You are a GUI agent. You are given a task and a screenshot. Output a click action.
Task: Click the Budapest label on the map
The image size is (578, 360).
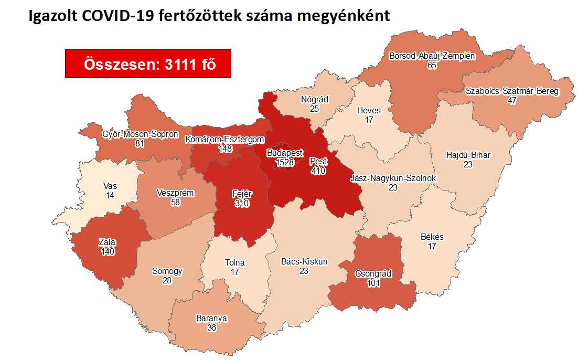pos(285,153)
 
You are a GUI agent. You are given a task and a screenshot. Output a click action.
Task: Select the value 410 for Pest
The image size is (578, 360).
pos(318,171)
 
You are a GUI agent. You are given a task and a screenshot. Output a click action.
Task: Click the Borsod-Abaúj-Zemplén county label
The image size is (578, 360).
pos(432,56)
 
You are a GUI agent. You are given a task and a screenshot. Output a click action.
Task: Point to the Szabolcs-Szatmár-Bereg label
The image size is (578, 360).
pos(512,91)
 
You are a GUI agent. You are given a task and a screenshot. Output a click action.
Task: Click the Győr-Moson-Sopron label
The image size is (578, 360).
pos(140,134)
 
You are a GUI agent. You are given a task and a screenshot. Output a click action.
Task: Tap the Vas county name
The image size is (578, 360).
pos(110,186)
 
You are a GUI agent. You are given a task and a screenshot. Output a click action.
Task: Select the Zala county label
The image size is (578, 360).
pos(107,242)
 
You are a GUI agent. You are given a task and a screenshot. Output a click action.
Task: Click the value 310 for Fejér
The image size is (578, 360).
pos(242,203)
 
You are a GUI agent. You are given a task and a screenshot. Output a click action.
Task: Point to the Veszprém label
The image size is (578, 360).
pos(175,193)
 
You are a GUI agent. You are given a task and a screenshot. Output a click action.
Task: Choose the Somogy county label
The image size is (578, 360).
pos(167,271)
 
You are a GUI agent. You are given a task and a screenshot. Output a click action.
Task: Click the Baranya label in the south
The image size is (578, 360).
pos(211,318)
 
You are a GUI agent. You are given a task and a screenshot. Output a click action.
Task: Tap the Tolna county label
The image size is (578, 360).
pos(234,263)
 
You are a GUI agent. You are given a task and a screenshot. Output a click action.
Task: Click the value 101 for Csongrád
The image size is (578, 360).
pos(373,283)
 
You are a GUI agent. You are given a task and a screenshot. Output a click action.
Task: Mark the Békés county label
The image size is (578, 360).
pos(432,237)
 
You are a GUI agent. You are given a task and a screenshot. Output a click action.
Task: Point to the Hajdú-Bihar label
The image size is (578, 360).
pos(468,155)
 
